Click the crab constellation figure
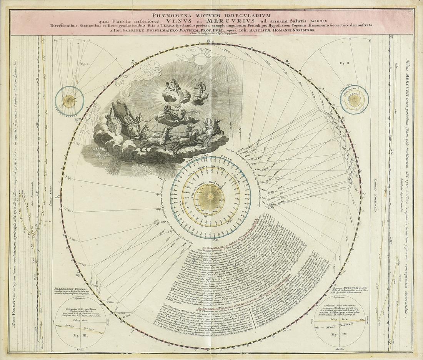tap(200, 58)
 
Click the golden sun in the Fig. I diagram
tap(69, 101)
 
